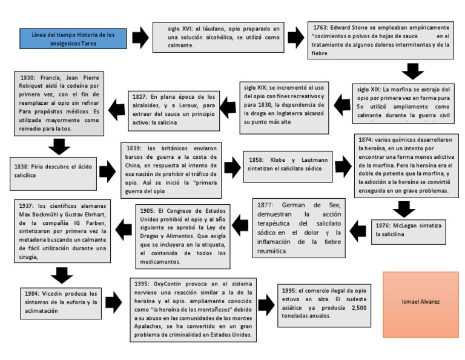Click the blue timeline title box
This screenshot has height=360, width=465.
click(74, 38)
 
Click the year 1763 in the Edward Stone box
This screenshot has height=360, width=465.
click(321, 28)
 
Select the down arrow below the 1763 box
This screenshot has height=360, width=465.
click(413, 72)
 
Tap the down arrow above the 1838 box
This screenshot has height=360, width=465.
click(59, 147)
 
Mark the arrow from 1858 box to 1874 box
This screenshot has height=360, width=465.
click(343, 165)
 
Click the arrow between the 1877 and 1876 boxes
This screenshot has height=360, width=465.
click(357, 230)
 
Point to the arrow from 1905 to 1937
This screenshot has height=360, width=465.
click(124, 228)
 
